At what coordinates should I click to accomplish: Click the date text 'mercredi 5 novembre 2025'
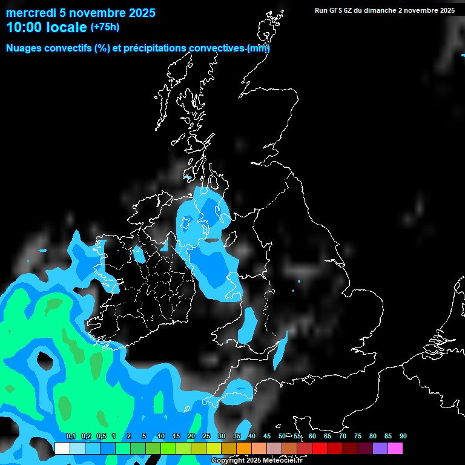(81, 13)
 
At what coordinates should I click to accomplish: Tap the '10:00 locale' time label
(47, 27)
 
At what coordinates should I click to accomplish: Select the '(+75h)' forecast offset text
(105, 27)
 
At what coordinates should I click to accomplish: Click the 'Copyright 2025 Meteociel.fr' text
(257, 460)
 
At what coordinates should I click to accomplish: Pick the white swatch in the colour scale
(62, 448)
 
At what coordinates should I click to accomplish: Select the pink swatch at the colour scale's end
(395, 448)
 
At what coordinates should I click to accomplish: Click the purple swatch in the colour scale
(380, 448)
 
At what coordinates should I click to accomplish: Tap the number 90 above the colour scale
(403, 436)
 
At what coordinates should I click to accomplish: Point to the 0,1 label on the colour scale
(70, 436)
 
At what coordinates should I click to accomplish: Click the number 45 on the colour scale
(267, 436)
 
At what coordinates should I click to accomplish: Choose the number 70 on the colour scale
(343, 436)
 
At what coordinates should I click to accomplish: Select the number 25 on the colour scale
(206, 436)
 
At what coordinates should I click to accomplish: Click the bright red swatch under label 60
(320, 448)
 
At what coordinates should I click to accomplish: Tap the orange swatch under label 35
(244, 448)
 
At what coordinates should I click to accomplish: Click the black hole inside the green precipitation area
(45, 360)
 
